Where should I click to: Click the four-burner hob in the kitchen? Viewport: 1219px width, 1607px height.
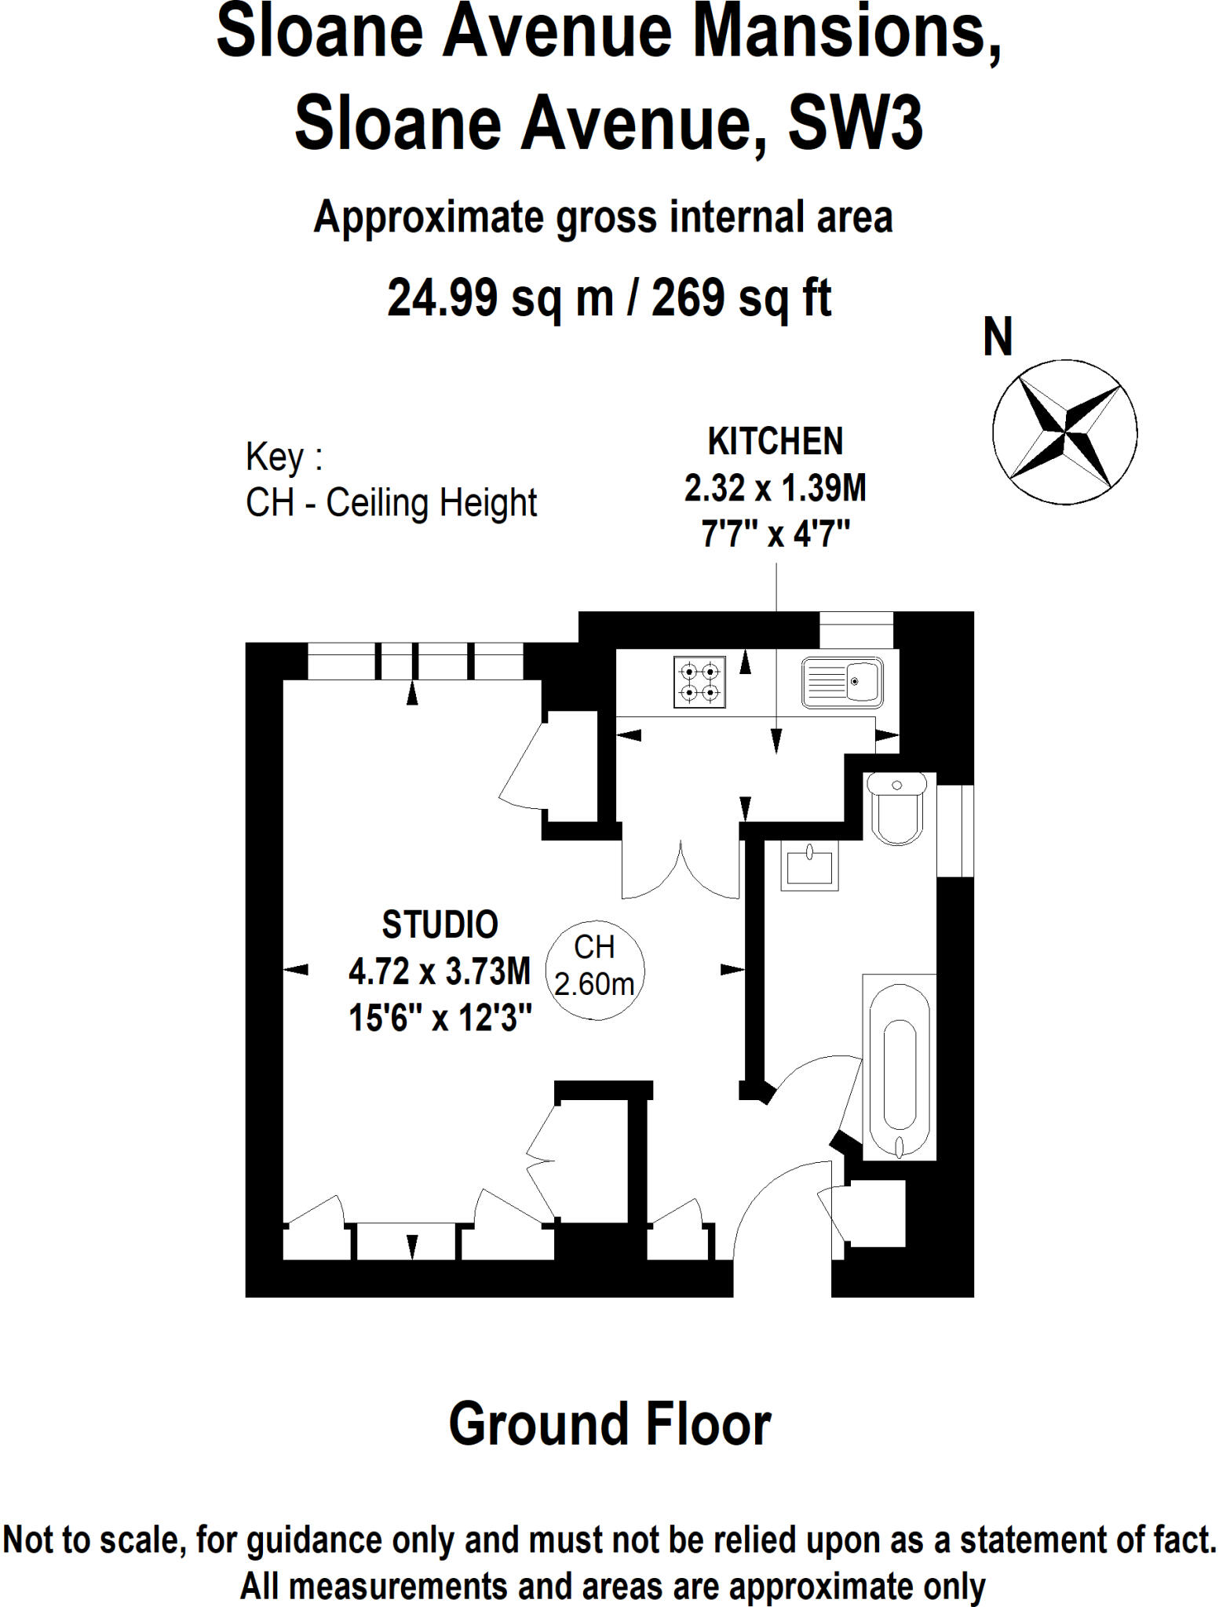[699, 682]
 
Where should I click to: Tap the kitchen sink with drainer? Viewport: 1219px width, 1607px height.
[841, 682]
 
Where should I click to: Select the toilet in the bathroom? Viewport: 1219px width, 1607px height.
[896, 808]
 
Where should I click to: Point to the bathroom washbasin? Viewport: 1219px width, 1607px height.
[809, 865]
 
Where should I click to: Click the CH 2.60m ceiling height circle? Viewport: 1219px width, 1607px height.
[594, 969]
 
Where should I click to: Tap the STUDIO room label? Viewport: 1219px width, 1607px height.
[440, 925]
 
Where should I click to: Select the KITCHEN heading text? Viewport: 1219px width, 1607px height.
[775, 442]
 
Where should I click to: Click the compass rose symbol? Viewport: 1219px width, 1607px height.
[1064, 432]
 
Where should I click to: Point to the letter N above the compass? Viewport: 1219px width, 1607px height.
[998, 337]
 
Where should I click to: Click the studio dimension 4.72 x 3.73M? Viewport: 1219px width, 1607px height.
[440, 972]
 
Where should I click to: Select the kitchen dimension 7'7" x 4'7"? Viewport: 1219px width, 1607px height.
[775, 535]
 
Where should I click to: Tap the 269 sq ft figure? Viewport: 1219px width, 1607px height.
[740, 298]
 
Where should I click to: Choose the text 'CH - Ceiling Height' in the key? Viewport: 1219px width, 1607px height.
[391, 503]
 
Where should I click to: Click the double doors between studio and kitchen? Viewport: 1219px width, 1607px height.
[681, 871]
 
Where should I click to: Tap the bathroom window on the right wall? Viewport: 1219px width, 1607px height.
[955, 830]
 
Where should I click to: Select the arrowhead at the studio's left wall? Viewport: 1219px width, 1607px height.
[296, 971]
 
